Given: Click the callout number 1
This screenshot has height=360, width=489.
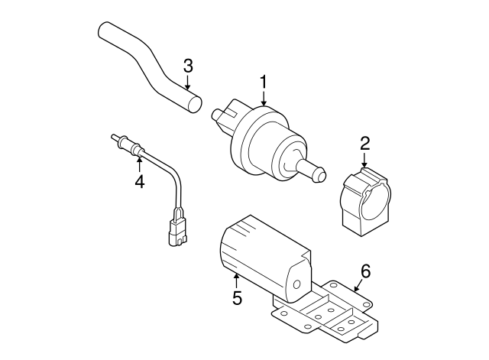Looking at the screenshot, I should click(x=264, y=81).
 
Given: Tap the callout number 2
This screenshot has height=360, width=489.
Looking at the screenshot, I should click(x=364, y=142).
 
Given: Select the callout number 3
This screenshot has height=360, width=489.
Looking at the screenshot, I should click(x=188, y=66).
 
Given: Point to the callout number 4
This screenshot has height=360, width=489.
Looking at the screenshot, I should click(x=139, y=181).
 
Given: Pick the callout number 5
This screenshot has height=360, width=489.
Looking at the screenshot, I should click(x=237, y=297).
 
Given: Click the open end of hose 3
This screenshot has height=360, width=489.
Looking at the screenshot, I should click(x=194, y=102).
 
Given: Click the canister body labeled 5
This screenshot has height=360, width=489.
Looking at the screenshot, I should click(x=260, y=252).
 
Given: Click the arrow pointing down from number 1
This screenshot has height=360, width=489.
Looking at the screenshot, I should click(x=264, y=98).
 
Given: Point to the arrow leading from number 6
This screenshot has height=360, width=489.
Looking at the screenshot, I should click(x=356, y=284).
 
